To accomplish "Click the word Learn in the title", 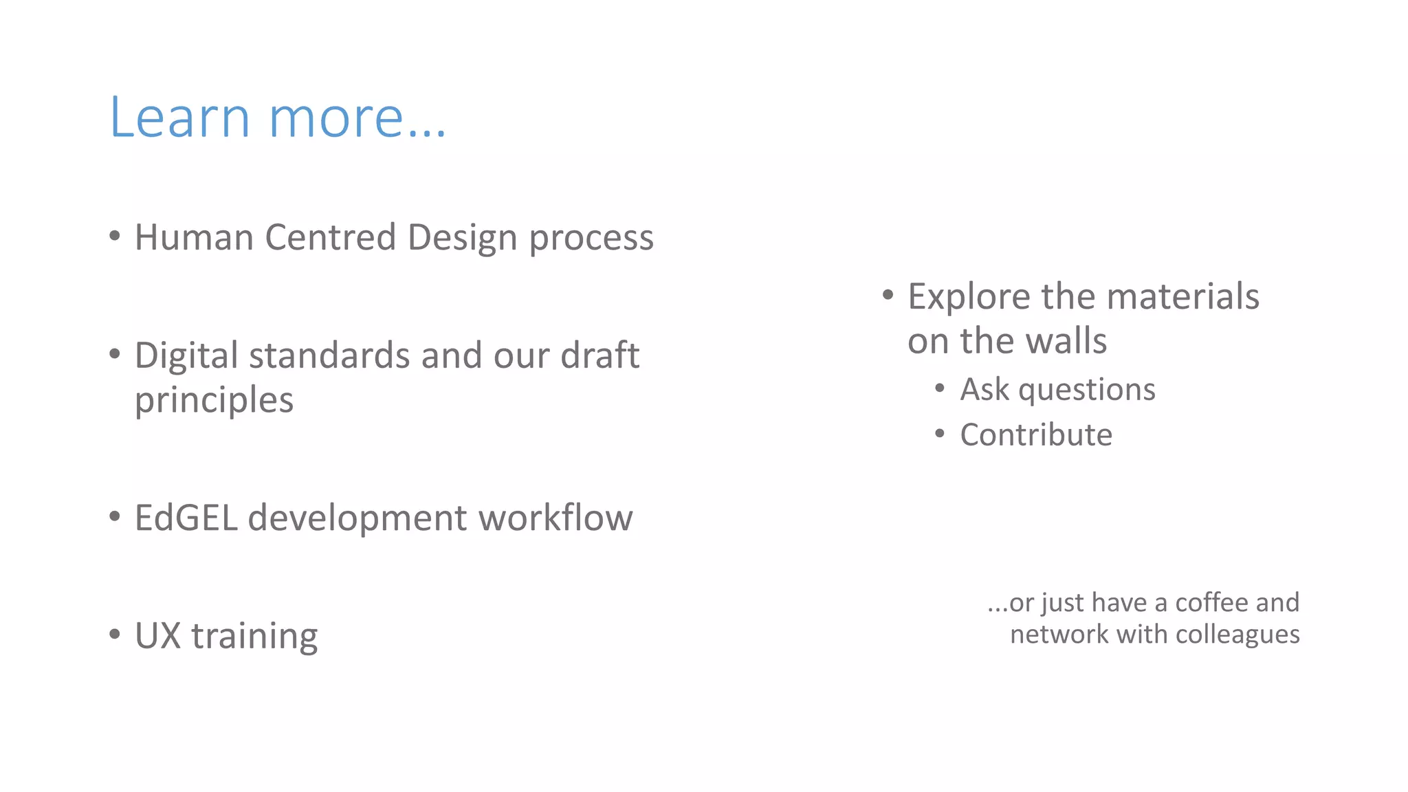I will click(x=179, y=118).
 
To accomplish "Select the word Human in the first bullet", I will click(x=194, y=238).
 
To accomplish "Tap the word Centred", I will click(x=331, y=238).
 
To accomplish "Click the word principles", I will click(x=214, y=401).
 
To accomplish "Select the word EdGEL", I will click(x=186, y=518).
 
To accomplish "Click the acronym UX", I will click(x=157, y=636).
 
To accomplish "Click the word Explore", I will click(x=969, y=298).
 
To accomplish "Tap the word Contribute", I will click(x=1036, y=435).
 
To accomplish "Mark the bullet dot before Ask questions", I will click(x=940, y=388).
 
